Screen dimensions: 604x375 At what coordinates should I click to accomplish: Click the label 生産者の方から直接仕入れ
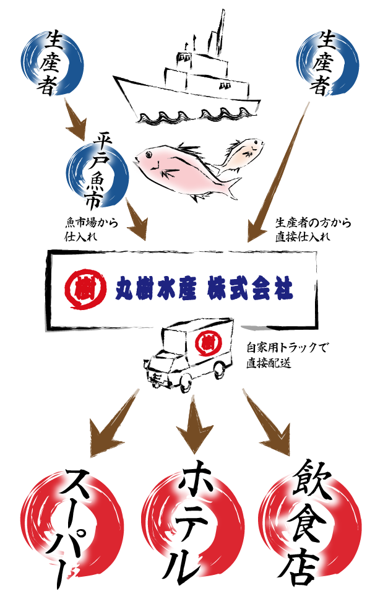(x=312, y=230)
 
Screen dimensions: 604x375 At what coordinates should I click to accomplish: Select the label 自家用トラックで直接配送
(x=283, y=355)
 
